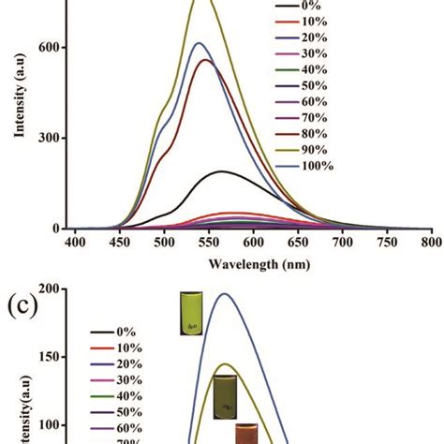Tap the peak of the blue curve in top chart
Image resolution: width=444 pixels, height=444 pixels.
coord(198,43)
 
